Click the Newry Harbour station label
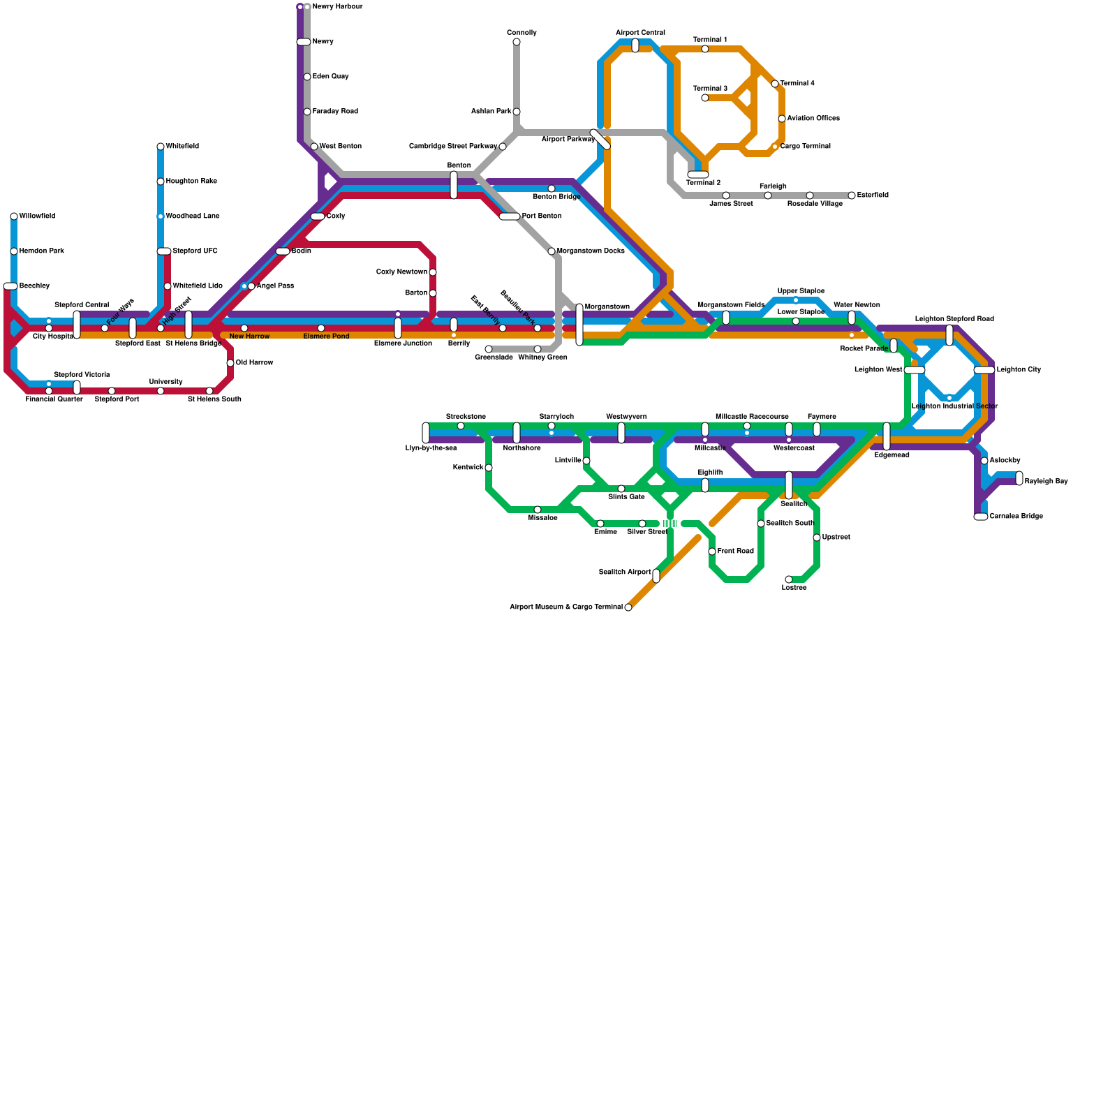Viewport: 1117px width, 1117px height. pos(337,7)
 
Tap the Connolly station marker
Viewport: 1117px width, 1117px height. pos(517,42)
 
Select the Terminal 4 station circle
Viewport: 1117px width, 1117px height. pos(775,84)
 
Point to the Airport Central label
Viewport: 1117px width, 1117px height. pos(640,33)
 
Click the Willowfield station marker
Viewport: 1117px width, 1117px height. pos(14,216)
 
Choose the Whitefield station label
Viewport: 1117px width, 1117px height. pos(182,147)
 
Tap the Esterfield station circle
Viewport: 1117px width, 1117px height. pos(852,195)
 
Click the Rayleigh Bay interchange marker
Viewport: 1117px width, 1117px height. pos(1019,478)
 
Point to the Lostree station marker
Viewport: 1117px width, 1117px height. pos(789,579)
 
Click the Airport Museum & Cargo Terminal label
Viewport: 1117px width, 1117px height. pos(565,607)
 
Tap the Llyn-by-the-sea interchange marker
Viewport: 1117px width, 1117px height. pos(426,433)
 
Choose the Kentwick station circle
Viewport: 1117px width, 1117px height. pos(489,468)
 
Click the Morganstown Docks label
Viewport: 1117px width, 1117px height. pos(590,251)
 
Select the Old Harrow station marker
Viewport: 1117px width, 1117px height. pos(230,363)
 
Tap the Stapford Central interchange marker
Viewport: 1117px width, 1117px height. pos(77,325)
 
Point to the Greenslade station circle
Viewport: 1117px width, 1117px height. pos(489,349)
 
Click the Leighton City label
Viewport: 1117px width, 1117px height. pos(1019,370)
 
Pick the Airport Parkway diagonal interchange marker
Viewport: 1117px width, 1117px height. pos(600,140)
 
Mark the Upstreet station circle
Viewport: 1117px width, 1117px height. pos(817,538)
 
